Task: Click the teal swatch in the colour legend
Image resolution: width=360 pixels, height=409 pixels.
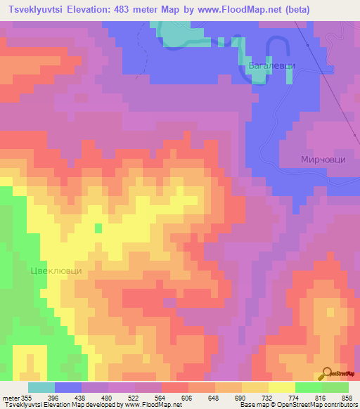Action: (x=41, y=387)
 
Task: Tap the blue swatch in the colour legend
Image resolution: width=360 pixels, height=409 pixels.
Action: (x=67, y=387)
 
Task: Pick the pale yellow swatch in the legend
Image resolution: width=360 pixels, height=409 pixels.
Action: (x=281, y=387)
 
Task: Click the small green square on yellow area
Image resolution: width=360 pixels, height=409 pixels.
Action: (x=98, y=228)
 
